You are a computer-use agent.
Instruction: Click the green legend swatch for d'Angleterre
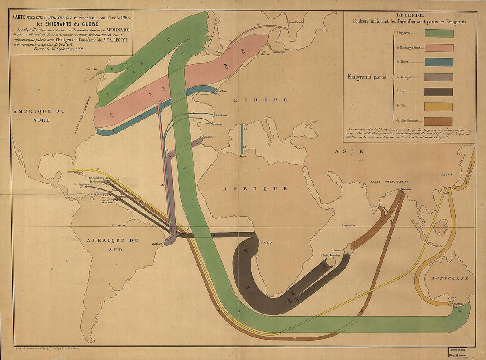click(x=439, y=33)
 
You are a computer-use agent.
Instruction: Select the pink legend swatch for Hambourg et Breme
click(x=439, y=47)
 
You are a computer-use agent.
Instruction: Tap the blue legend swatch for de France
click(x=439, y=62)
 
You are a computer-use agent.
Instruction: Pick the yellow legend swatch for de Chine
click(x=439, y=107)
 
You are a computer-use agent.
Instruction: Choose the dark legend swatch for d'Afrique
click(x=439, y=92)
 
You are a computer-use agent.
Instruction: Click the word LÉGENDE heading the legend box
click(x=409, y=15)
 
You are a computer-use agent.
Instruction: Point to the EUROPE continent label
click(x=261, y=100)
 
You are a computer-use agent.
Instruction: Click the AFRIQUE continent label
click(x=255, y=188)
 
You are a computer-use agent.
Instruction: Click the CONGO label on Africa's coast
click(x=266, y=243)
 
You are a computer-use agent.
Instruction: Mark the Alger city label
click(x=242, y=156)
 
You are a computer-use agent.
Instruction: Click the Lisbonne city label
click(x=208, y=137)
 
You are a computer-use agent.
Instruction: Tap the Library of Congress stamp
click(x=463, y=351)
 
